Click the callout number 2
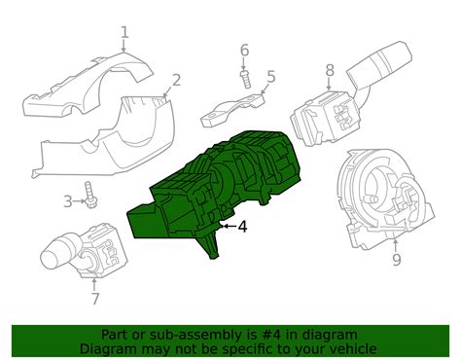[x=176, y=80]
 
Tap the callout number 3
[x=68, y=201]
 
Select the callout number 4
[x=242, y=227]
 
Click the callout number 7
[x=94, y=300]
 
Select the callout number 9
[x=396, y=260]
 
